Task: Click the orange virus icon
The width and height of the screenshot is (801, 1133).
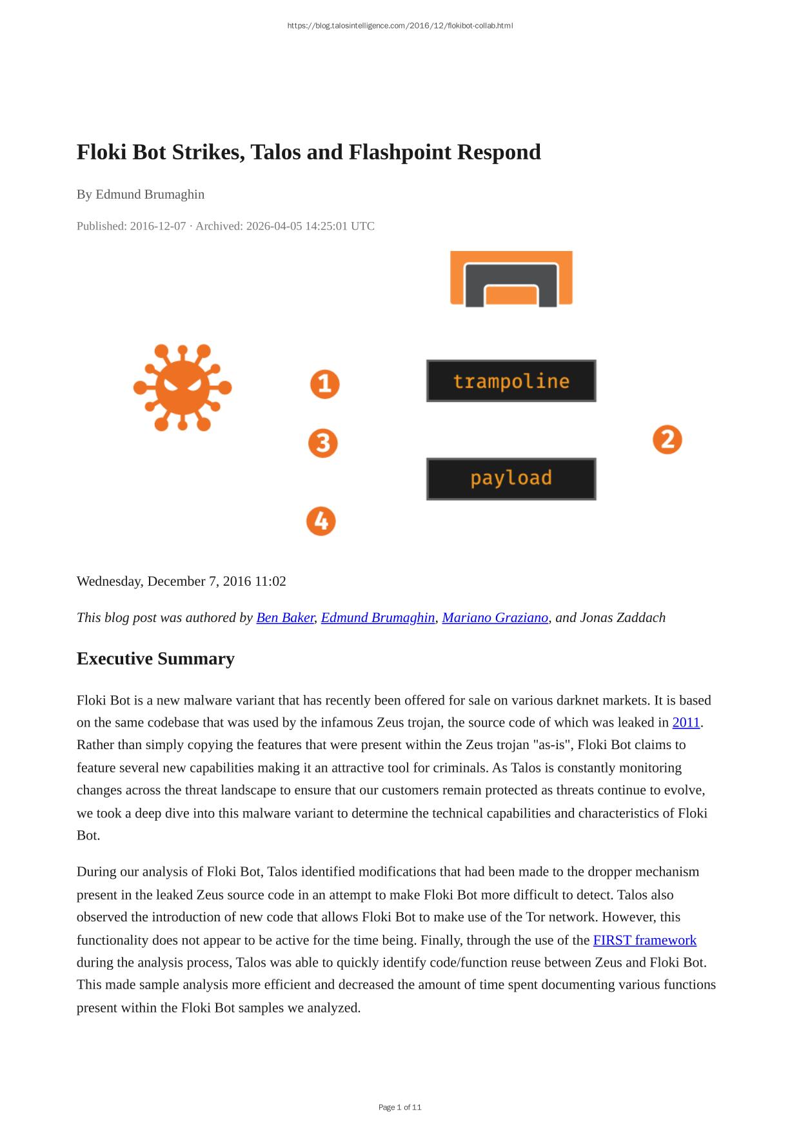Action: [x=183, y=387]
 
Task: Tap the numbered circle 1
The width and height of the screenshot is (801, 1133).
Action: [x=324, y=384]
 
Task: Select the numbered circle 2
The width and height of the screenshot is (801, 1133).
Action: [x=667, y=439]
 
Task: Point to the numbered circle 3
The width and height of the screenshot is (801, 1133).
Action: [x=322, y=443]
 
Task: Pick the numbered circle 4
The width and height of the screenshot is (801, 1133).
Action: [x=321, y=521]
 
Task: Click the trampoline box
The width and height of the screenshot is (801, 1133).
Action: [x=511, y=381]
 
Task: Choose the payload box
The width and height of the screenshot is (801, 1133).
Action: [x=511, y=479]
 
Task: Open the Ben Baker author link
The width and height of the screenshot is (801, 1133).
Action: [x=285, y=617]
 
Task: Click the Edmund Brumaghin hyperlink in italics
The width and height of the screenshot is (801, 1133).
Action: [x=378, y=617]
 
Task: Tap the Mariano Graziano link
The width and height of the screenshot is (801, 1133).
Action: [x=495, y=617]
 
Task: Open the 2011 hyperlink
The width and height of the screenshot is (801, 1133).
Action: [x=686, y=723]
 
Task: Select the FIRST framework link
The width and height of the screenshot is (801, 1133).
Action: [x=644, y=940]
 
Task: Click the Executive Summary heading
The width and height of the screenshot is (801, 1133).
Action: [x=155, y=659]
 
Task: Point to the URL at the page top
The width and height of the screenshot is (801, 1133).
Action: [x=400, y=26]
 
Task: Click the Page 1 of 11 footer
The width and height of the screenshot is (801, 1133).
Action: [x=400, y=1107]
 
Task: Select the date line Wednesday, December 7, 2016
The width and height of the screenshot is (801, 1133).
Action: [x=181, y=581]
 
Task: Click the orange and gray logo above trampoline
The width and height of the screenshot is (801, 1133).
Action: [x=511, y=278]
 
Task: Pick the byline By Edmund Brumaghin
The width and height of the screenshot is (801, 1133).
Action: [x=141, y=194]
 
